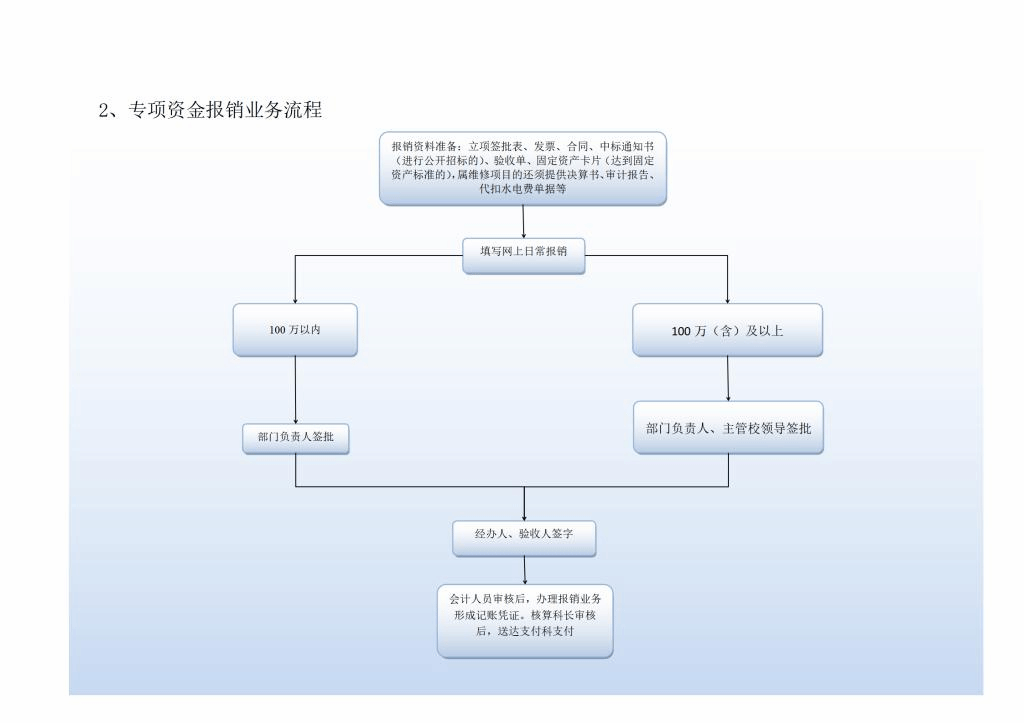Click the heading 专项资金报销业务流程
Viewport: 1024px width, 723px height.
point(225,111)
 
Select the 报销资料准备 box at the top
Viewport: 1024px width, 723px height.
point(522,168)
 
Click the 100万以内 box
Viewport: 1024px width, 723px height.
point(295,329)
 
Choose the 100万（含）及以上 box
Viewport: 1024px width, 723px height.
point(727,330)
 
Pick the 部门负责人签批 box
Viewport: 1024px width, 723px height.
point(295,438)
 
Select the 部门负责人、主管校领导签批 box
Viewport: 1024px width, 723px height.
point(728,428)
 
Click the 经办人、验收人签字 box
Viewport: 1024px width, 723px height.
point(524,537)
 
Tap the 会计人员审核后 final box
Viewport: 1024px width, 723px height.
point(524,620)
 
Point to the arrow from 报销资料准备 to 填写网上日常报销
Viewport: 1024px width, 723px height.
point(523,221)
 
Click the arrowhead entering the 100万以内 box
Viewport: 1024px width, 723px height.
point(295,298)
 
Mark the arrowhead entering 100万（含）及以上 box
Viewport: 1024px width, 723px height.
point(727,298)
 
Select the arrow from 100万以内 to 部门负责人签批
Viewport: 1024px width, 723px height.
point(295,390)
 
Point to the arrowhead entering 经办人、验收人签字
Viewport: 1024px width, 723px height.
point(524,515)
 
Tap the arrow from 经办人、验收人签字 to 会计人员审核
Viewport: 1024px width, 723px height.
point(524,570)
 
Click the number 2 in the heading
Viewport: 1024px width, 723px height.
point(103,111)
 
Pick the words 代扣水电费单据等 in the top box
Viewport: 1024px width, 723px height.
point(523,188)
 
